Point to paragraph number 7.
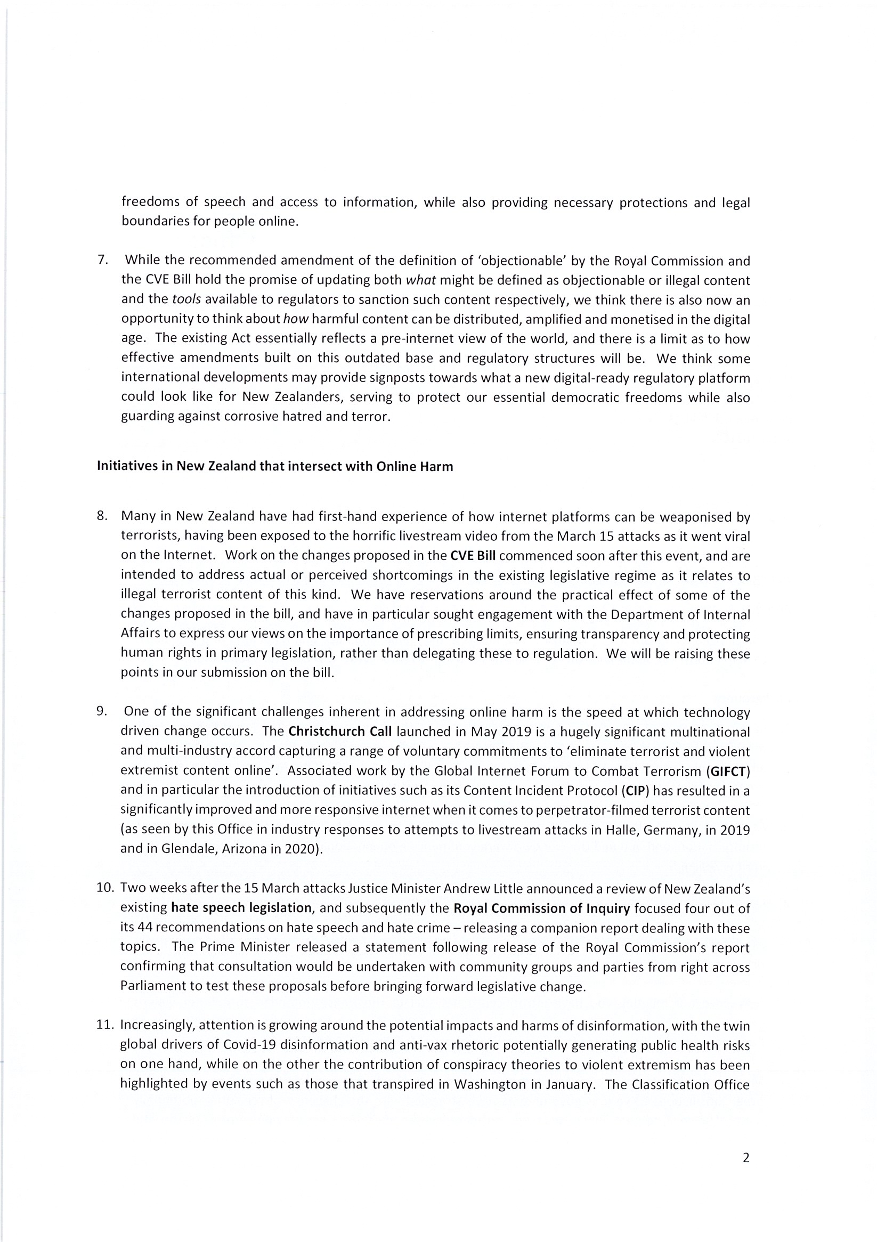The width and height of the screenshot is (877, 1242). pyautogui.click(x=102, y=259)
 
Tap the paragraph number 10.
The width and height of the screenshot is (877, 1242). pyautogui.click(x=105, y=888)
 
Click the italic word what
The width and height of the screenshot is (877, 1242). pyautogui.click(x=420, y=280)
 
